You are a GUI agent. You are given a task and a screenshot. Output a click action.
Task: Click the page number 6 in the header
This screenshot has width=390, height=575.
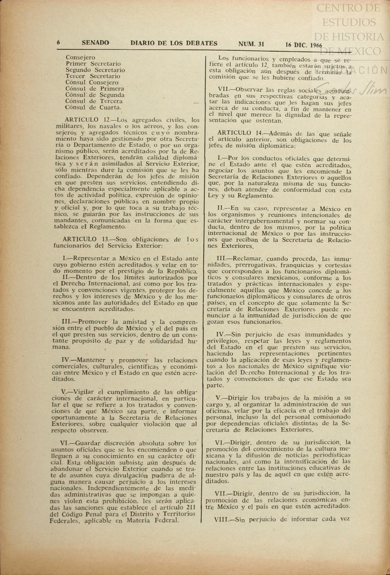(x=59, y=43)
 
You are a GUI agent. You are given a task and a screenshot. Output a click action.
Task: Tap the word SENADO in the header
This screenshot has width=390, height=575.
(x=95, y=43)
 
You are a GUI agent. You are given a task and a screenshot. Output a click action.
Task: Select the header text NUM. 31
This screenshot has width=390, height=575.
(x=251, y=44)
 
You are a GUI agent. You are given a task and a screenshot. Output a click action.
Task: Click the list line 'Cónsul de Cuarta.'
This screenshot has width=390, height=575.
(x=93, y=107)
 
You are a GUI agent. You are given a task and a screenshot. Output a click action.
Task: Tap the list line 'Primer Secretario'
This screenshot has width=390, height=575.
(x=93, y=64)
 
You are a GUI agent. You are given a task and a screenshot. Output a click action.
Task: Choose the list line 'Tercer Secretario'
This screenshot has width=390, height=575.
(x=93, y=76)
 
